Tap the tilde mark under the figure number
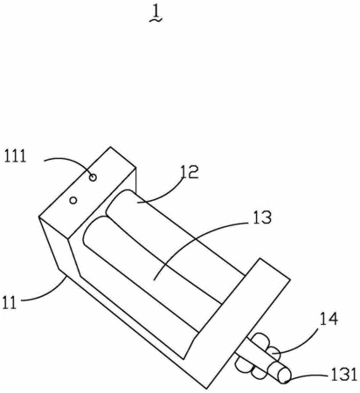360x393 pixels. [156, 20]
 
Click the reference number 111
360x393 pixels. [15, 156]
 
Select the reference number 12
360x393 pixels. [190, 172]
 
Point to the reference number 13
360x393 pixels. [262, 217]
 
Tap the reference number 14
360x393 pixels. [329, 319]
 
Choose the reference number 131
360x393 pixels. [343, 375]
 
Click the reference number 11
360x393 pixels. [9, 303]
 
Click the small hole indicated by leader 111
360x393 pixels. [93, 177]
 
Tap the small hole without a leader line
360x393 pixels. [73, 200]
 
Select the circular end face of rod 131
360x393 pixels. [285, 376]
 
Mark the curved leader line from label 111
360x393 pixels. [71, 162]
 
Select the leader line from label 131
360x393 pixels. [308, 376]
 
